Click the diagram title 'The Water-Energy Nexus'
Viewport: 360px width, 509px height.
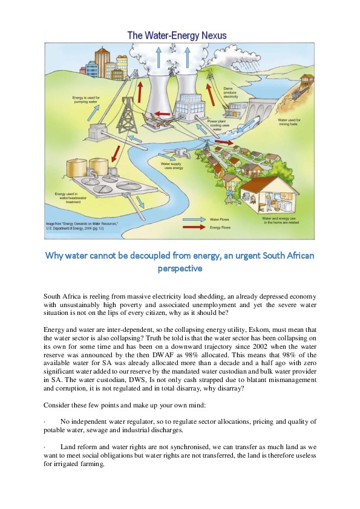pos(177,36)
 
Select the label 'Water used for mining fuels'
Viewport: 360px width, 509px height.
pos(289,123)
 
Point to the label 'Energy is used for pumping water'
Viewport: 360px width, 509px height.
pos(87,100)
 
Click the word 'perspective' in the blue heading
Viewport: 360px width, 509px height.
pos(180,268)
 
